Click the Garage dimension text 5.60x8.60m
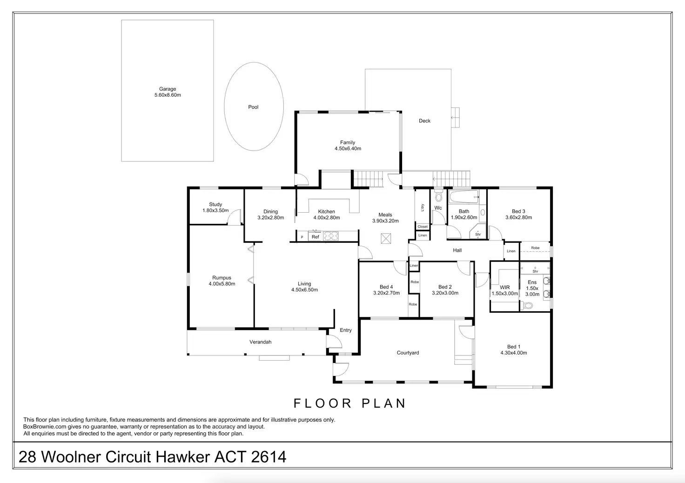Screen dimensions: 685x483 click(x=168, y=95)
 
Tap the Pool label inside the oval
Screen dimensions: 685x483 click(x=253, y=107)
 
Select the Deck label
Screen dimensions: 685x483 click(x=424, y=121)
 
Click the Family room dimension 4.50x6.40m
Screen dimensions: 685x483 click(x=348, y=148)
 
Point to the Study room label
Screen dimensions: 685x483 click(x=215, y=204)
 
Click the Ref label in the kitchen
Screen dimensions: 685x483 click(x=316, y=237)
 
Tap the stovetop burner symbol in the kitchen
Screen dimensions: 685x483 click(x=331, y=236)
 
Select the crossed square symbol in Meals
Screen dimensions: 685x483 click(x=386, y=238)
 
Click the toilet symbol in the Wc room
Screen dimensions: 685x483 click(x=438, y=195)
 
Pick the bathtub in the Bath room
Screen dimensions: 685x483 click(x=464, y=196)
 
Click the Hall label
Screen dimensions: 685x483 click(x=457, y=250)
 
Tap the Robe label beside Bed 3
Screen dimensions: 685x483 click(x=535, y=248)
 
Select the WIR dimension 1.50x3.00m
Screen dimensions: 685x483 click(x=504, y=294)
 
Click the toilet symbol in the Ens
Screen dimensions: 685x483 click(x=527, y=305)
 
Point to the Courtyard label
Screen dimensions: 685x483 click(x=408, y=353)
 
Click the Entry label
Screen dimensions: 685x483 click(x=346, y=330)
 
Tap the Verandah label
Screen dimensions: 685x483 click(x=260, y=342)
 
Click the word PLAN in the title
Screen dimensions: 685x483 click(x=384, y=403)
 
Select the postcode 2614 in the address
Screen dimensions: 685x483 click(x=269, y=457)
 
